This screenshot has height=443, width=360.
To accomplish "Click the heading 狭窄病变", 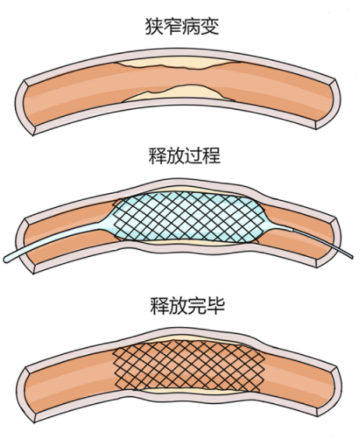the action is (182, 26).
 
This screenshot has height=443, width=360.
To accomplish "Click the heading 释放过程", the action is (185, 156).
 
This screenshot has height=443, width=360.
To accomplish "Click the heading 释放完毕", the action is (188, 306).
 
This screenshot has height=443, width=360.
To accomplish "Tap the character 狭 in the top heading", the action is (154, 26).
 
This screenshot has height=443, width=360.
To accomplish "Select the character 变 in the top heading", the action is (210, 26).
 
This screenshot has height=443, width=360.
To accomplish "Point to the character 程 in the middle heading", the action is (211, 156).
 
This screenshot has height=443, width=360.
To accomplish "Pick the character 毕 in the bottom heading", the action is (216, 306).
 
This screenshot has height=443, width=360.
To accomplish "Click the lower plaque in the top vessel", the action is (178, 93).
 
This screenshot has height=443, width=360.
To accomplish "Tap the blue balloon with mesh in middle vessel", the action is (187, 217).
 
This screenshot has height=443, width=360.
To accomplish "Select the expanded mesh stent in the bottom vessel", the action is (189, 366).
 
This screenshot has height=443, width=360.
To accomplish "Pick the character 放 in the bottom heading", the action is (178, 306).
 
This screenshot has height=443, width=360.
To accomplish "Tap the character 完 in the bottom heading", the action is (197, 306).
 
